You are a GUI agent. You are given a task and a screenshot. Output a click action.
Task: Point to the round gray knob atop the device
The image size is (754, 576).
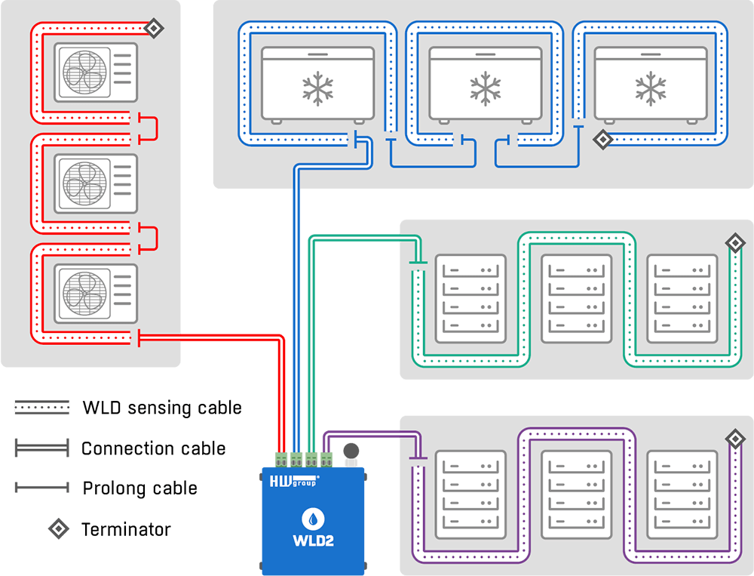[351, 451]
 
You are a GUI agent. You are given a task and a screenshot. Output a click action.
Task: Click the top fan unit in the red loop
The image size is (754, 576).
[96, 72]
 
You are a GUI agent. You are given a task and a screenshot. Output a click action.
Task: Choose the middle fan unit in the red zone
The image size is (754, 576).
[96, 183]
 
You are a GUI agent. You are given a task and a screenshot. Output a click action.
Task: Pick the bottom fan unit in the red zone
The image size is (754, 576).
[96, 292]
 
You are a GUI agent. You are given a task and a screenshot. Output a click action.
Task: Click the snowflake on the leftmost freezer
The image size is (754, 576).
[318, 88]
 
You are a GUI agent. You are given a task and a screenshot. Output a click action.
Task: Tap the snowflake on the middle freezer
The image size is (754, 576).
[485, 88]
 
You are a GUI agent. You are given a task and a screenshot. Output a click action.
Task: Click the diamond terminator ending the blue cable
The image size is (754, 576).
[602, 140]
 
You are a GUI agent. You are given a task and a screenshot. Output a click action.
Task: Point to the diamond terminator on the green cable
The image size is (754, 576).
[734, 242]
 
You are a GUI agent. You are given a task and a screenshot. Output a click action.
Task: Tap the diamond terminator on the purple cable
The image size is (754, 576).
[734, 439]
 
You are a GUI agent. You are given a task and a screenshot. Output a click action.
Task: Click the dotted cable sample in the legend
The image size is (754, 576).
[41, 407]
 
